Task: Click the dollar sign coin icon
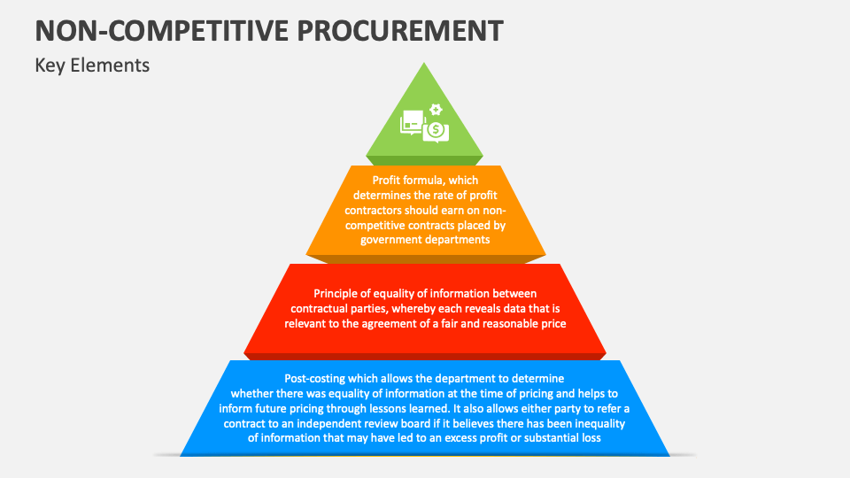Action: tap(434, 131)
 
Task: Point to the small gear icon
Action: tap(435, 109)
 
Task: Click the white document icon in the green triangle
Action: tap(412, 122)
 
